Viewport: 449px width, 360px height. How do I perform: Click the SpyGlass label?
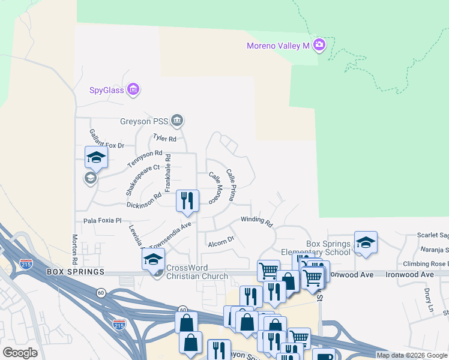(x=107, y=91)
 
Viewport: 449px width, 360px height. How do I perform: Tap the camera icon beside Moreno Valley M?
(x=319, y=45)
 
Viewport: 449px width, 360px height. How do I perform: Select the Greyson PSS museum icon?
(x=177, y=121)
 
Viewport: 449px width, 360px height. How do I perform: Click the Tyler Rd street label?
(x=164, y=139)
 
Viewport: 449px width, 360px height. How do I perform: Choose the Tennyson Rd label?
(x=145, y=159)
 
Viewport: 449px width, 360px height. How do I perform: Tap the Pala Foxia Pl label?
(x=102, y=221)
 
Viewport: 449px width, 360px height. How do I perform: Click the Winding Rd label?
(x=257, y=221)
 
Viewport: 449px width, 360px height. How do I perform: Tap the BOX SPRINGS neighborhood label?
(x=75, y=272)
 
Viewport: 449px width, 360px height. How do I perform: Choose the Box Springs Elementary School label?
(x=328, y=248)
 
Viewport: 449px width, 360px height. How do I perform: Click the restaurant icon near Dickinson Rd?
(x=187, y=201)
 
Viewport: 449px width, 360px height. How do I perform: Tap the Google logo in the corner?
(x=20, y=353)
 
